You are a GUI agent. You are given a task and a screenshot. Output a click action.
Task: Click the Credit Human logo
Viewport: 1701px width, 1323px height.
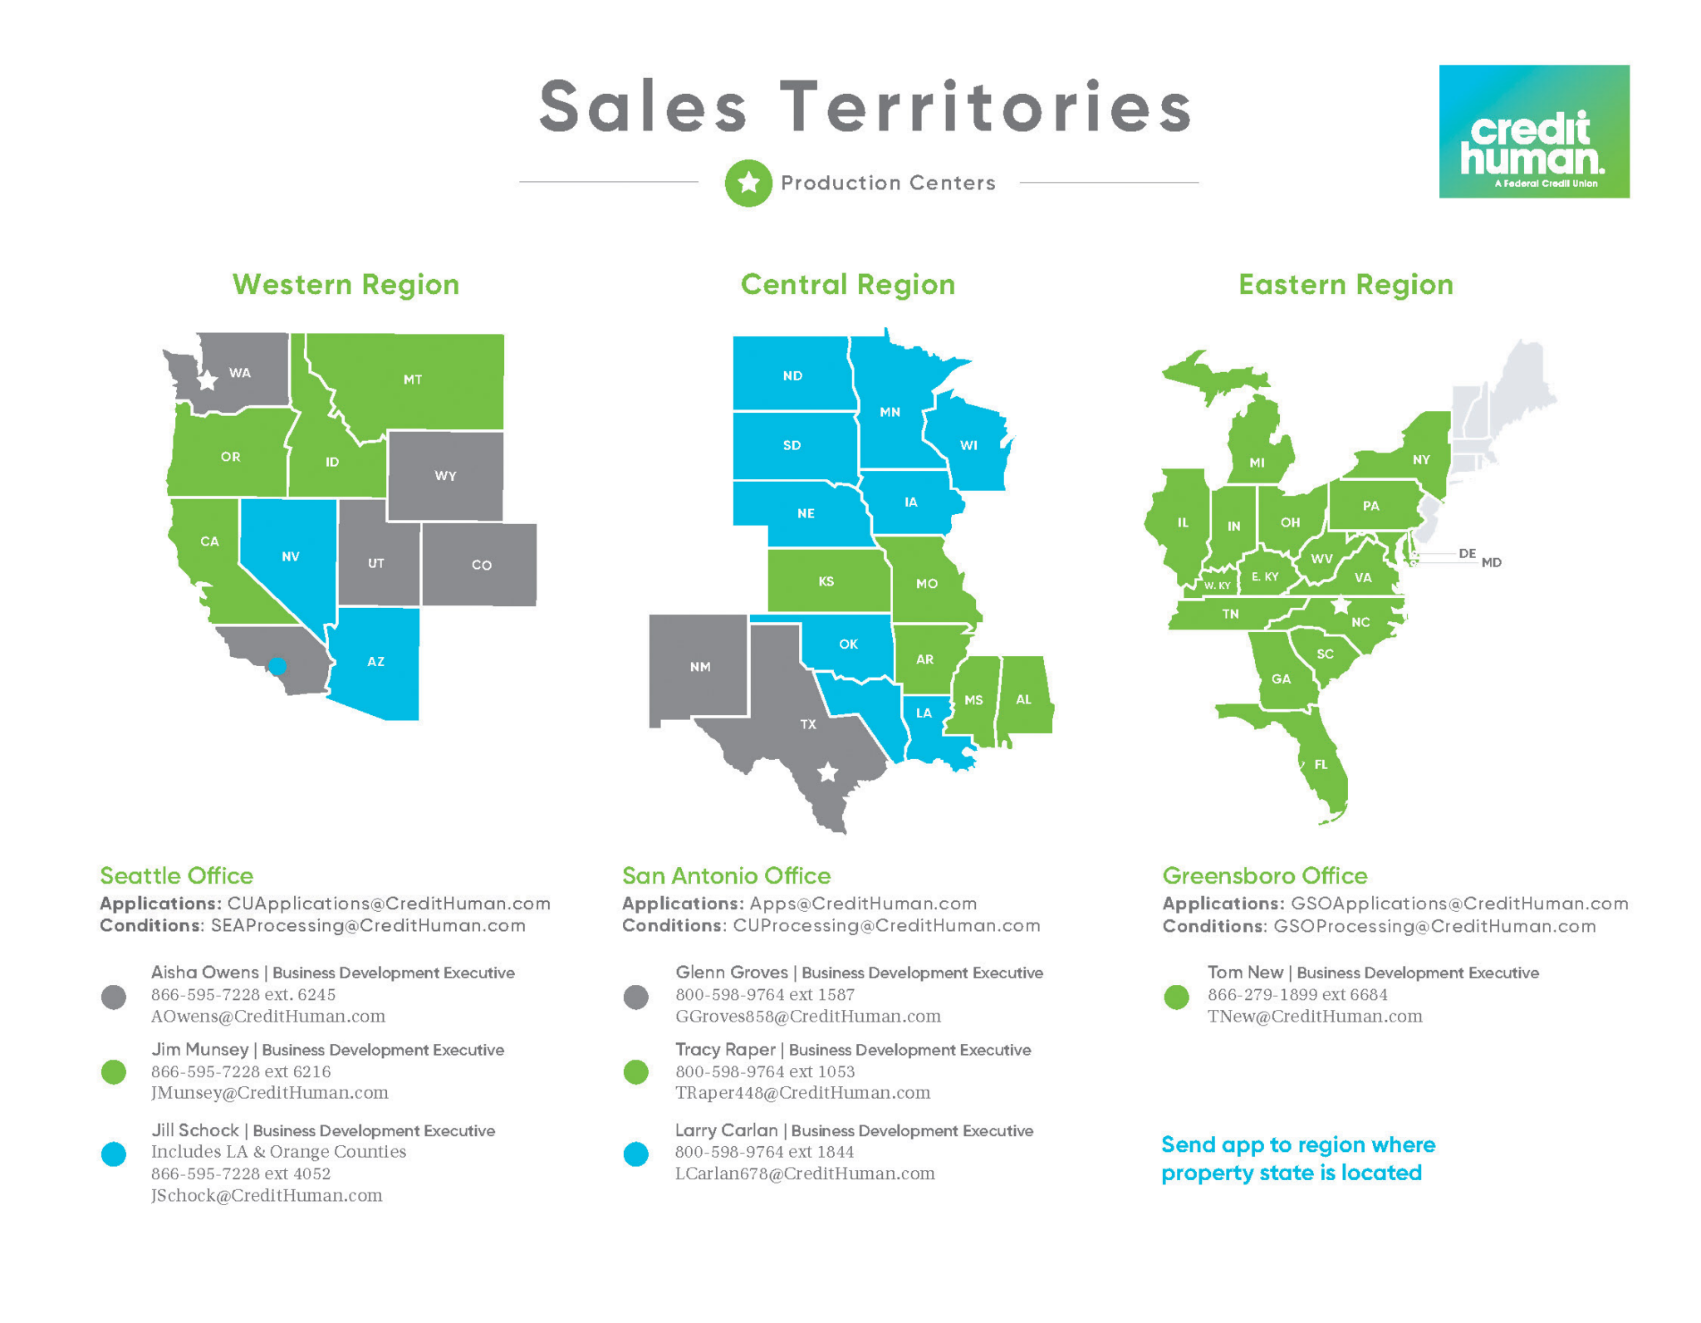tap(1533, 131)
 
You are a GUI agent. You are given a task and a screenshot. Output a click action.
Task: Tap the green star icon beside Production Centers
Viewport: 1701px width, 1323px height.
tap(748, 183)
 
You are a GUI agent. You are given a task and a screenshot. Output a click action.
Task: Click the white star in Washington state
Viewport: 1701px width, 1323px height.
tap(208, 380)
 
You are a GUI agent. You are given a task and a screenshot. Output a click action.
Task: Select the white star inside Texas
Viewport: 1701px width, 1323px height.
tap(827, 773)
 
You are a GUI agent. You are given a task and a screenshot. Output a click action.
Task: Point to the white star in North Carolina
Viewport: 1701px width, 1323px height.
tap(1341, 605)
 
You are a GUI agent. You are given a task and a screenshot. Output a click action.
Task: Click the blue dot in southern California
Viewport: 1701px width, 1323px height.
tap(277, 665)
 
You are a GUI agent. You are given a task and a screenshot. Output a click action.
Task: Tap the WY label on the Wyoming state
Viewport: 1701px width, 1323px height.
tap(445, 476)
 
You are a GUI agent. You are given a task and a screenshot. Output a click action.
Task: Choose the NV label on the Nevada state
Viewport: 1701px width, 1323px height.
tap(290, 556)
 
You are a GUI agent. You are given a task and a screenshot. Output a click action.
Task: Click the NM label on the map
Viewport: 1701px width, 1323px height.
tap(699, 666)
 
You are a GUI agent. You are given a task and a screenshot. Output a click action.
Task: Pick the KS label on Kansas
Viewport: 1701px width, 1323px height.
tap(826, 581)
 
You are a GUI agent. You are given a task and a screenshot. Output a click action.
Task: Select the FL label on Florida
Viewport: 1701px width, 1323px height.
tap(1321, 765)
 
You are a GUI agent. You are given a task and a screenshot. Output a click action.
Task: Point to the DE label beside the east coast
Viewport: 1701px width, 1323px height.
tap(1467, 553)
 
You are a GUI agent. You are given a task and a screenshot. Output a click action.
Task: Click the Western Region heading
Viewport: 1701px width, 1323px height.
tap(346, 285)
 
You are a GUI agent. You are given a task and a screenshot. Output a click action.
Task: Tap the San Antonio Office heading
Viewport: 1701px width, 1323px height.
tap(726, 875)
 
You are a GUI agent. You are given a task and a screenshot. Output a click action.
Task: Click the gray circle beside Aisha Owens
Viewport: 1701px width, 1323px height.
tap(114, 997)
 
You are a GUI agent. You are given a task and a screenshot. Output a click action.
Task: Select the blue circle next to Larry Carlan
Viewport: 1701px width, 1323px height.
tap(635, 1154)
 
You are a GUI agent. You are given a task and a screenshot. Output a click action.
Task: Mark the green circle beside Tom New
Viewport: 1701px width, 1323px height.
tap(1176, 997)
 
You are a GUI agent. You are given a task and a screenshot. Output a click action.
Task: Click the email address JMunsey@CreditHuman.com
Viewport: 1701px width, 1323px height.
tap(269, 1093)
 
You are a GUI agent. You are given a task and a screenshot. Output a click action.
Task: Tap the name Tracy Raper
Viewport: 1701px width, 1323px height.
tap(724, 1050)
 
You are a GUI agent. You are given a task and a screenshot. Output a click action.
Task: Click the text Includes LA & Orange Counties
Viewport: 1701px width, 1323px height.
tap(278, 1152)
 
